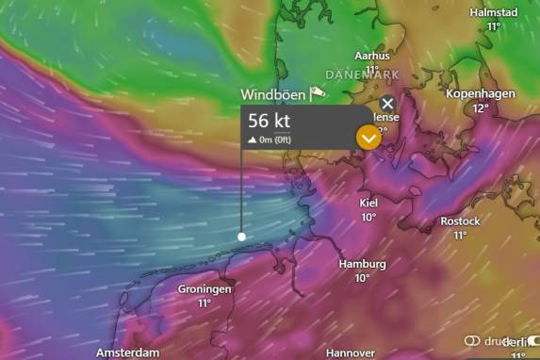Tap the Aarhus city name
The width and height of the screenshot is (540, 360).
tap(371, 57)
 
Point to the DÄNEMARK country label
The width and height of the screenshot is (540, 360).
tap(361, 74)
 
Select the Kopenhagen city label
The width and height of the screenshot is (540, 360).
tap(480, 95)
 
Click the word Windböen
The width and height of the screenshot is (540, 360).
tap(273, 94)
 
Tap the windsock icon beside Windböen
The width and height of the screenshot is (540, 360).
tap(318, 92)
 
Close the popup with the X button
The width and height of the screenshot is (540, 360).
tap(387, 104)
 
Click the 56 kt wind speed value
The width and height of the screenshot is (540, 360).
tap(270, 121)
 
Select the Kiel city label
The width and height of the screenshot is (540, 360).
tap(368, 203)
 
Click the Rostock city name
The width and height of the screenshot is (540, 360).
tap(460, 221)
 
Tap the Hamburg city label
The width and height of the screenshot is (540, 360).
tap(362, 264)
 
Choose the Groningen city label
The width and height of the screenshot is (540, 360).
tap(205, 289)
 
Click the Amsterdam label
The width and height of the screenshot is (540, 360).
tap(127, 352)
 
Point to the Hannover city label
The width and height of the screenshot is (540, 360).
tap(351, 352)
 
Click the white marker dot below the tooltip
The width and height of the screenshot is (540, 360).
tap(242, 237)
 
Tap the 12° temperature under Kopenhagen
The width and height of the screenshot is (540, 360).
tap(481, 108)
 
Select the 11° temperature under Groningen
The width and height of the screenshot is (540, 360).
tap(205, 303)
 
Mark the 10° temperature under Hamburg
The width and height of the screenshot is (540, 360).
tap(362, 278)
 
